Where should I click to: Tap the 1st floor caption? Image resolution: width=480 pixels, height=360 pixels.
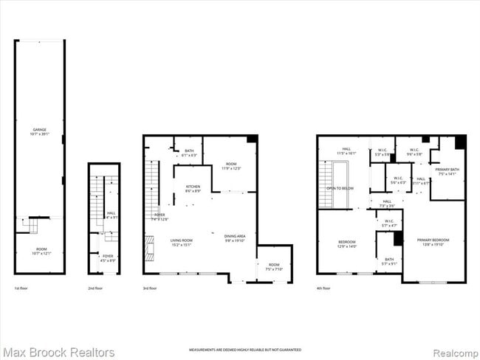pos(21,288)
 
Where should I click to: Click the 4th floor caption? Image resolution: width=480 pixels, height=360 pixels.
pos(323,288)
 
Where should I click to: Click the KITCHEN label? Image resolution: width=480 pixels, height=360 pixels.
pos(193,187)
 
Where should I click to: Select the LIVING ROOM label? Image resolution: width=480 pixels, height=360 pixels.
pos(181,241)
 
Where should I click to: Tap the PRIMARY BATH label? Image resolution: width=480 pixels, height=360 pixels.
pos(446,171)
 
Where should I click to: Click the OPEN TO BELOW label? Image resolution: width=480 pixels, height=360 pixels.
pos(340,188)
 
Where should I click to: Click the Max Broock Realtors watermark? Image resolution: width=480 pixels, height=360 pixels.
pos(58,352)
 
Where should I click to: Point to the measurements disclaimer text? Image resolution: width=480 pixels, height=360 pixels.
pos(239,348)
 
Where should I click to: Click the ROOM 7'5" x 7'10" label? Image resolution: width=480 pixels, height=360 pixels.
pos(274,266)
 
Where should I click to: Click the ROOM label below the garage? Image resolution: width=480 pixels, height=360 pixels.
pos(39,252)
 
